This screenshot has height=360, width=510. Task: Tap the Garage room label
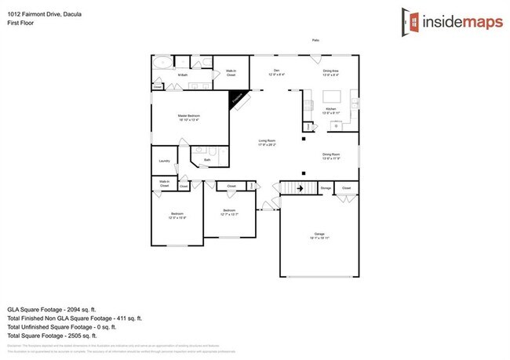(319, 235)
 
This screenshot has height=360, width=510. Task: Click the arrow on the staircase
(299, 189)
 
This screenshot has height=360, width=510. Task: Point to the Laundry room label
(164, 162)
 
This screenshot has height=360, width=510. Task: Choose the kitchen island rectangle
(330, 96)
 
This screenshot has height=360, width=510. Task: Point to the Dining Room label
(331, 155)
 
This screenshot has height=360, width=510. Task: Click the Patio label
(316, 40)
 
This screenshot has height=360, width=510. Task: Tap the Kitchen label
(330, 109)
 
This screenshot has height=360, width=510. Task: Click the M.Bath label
(182, 75)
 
